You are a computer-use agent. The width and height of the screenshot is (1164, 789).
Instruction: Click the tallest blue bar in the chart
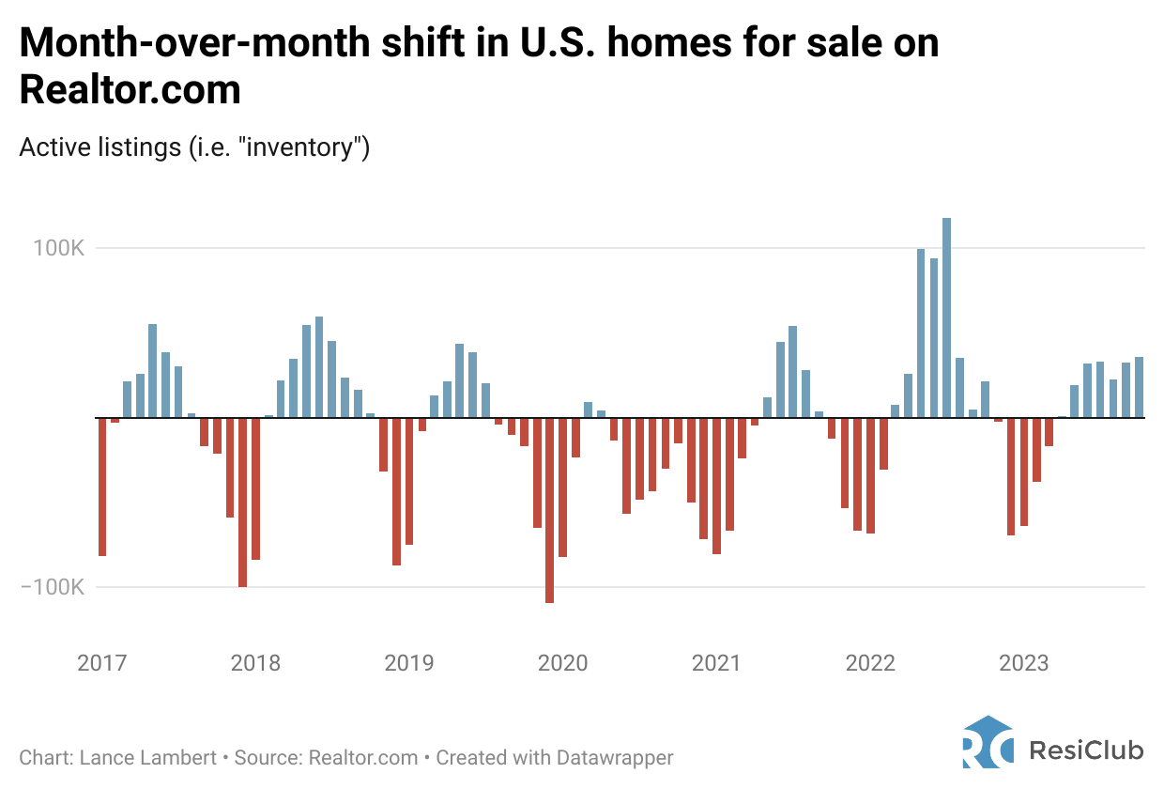947,317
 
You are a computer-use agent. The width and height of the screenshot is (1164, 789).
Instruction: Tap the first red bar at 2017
102,487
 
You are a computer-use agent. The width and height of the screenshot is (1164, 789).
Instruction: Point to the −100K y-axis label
53,587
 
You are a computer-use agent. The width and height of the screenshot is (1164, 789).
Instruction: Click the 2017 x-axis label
101,663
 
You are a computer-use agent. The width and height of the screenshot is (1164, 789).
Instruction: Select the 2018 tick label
255,663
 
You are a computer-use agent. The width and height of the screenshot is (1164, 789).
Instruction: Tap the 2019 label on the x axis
409,663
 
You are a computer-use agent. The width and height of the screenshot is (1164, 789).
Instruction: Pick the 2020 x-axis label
562,663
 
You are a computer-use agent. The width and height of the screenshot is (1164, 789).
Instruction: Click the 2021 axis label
716,663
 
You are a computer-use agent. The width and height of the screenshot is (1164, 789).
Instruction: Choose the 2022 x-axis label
870,663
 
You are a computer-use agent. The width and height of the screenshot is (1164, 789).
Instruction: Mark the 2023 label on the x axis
1023,663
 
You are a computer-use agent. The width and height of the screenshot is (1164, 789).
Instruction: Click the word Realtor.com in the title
130,90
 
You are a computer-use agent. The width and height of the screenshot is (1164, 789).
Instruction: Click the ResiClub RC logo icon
988,743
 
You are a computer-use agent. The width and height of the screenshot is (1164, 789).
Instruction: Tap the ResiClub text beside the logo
1086,750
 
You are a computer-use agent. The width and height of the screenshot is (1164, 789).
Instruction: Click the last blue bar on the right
1139,387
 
